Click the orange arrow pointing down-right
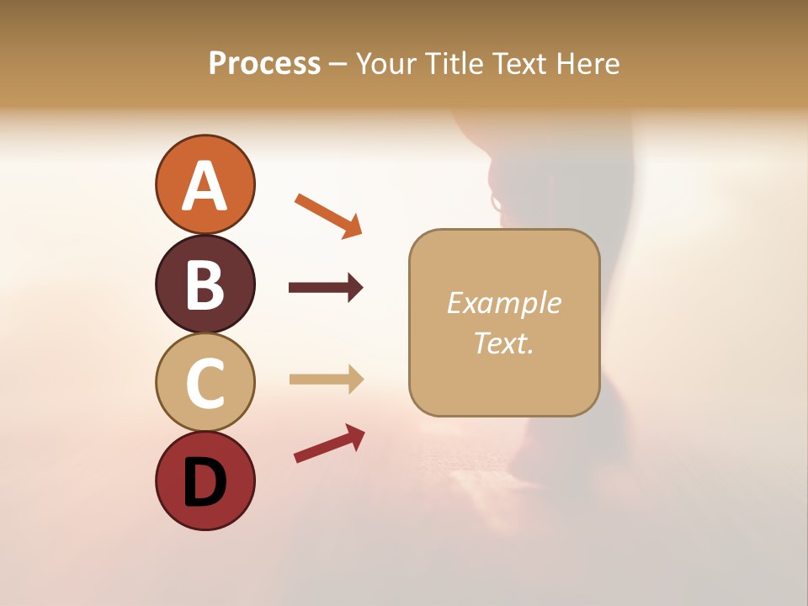[x=328, y=215]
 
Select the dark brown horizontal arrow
[x=326, y=288]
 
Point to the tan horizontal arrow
[x=327, y=380]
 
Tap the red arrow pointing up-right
[x=329, y=444]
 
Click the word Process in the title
[x=264, y=63]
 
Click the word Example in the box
[x=504, y=303]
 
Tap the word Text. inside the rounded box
[x=504, y=343]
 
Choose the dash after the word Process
[x=338, y=64]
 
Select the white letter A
[x=205, y=185]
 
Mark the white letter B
[x=205, y=284]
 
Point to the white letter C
[x=205, y=383]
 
